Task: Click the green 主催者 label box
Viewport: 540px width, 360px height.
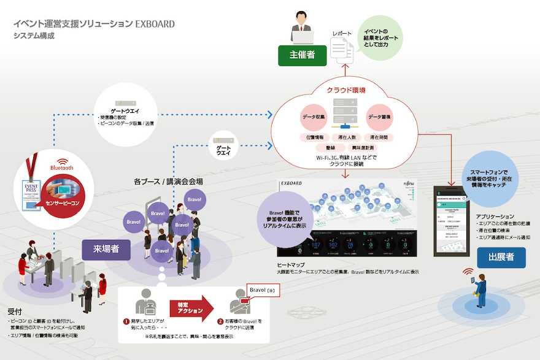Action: [302, 55]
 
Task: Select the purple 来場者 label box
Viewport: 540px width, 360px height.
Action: [106, 248]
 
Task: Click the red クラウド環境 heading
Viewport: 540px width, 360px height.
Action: [346, 90]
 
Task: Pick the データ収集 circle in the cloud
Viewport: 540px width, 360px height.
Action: [315, 117]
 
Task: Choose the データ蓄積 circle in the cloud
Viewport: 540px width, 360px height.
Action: [379, 117]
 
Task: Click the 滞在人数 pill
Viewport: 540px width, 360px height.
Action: [347, 137]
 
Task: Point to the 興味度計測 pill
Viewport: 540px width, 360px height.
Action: [362, 148]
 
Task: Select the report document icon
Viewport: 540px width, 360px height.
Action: [341, 47]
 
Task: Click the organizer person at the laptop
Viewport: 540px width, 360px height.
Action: [301, 27]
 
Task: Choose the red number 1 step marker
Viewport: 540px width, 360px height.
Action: [126, 321]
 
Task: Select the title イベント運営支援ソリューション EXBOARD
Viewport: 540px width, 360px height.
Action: [94, 24]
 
